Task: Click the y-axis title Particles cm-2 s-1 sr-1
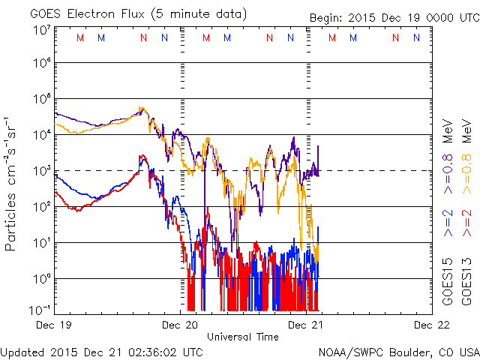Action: coord(12,184)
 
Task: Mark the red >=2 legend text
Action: coord(466,224)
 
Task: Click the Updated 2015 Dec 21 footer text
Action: coord(101,352)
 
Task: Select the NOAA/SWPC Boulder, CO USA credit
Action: coord(398,352)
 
